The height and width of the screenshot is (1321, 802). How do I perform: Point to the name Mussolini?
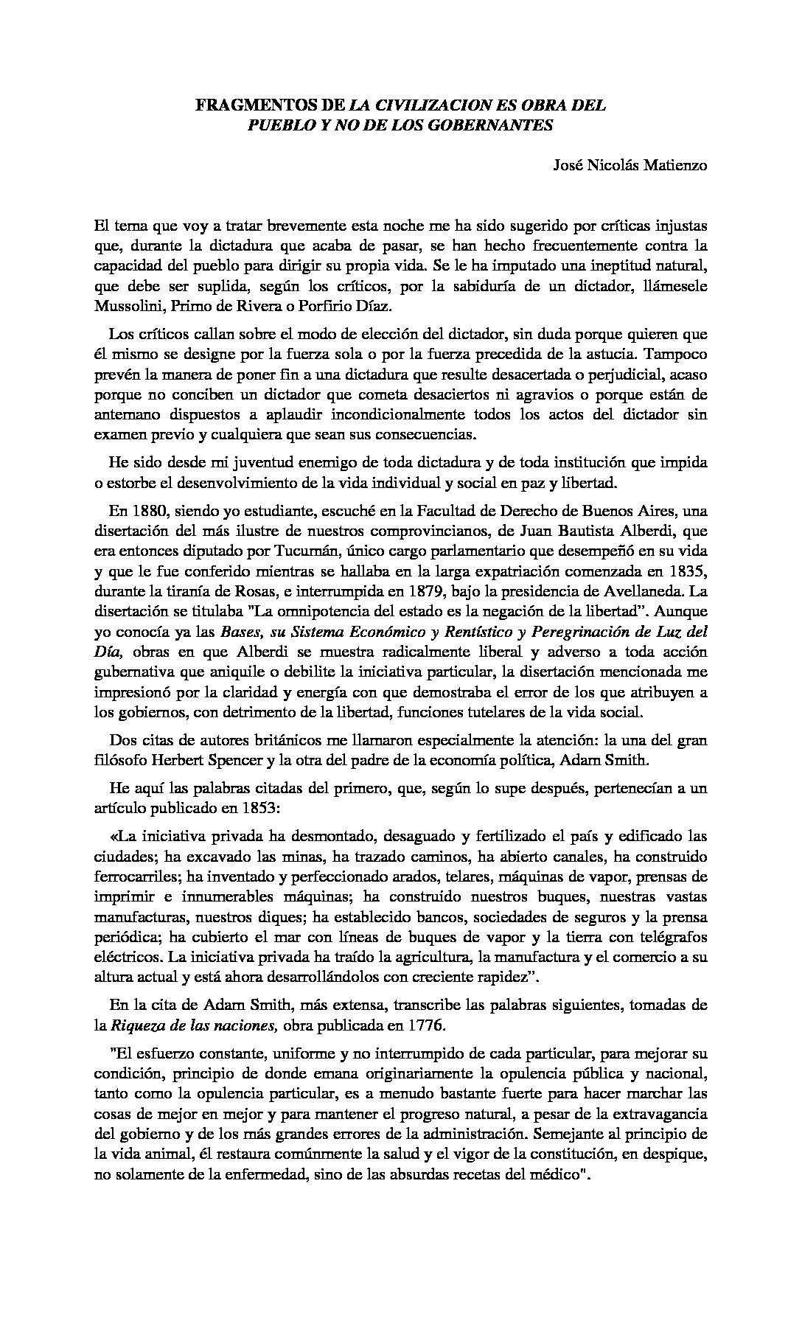tap(128, 304)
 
